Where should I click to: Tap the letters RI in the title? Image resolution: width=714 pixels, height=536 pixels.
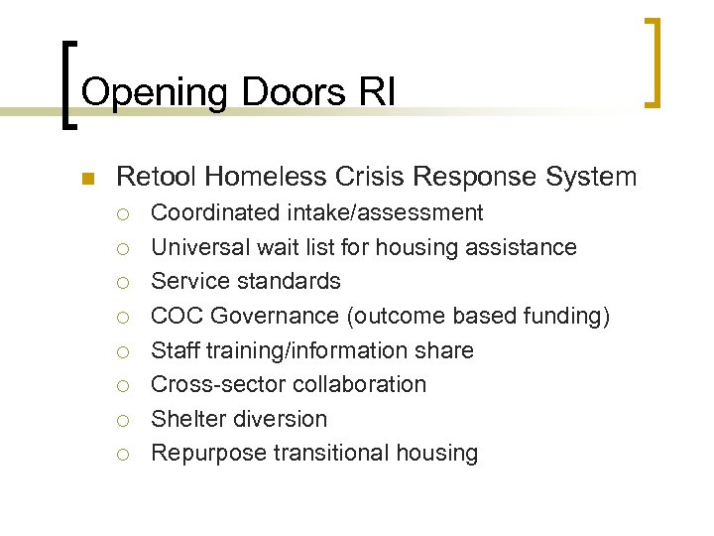[378, 92]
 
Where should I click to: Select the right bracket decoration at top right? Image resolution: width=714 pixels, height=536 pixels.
[652, 62]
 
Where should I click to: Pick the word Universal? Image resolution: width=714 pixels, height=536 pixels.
[201, 247]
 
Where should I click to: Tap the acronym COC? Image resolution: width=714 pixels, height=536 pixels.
[175, 316]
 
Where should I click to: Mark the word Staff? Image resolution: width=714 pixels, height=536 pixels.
[174, 350]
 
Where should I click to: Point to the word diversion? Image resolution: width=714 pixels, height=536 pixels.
[280, 419]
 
